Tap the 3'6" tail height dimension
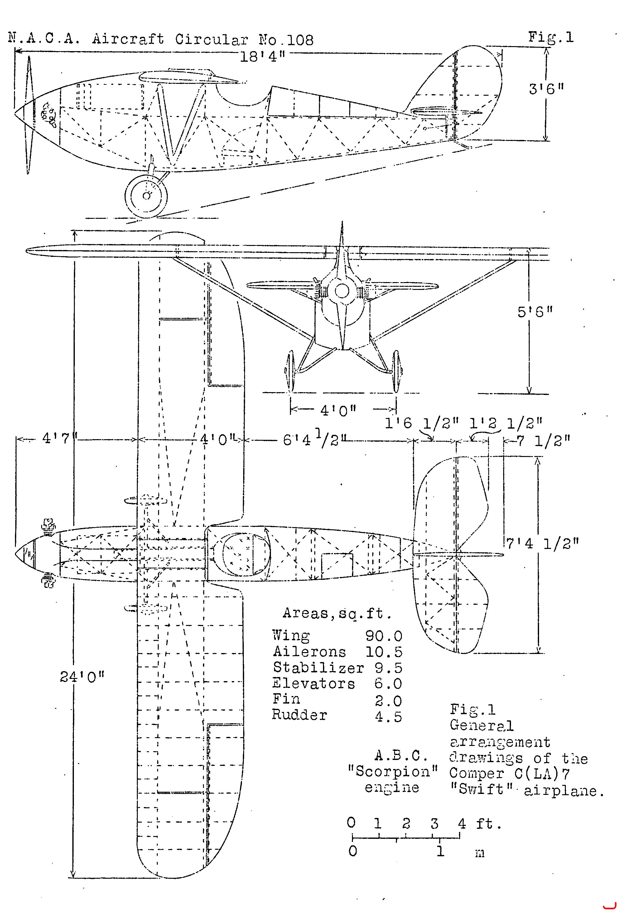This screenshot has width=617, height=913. point(546,89)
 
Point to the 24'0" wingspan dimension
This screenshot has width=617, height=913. point(82,676)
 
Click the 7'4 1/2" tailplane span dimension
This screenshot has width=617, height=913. point(542,544)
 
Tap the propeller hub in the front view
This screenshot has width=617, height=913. point(342,291)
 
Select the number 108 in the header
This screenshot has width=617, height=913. point(301,40)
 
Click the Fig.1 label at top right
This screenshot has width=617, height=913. point(551,37)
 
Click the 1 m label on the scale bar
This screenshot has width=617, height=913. point(440,851)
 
